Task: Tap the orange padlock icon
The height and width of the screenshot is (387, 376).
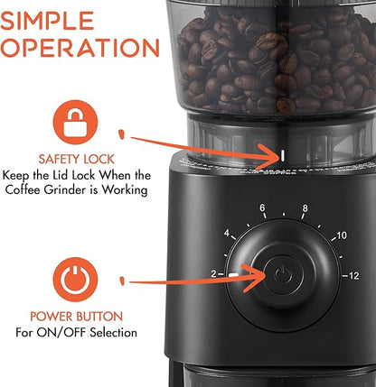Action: click(x=76, y=119)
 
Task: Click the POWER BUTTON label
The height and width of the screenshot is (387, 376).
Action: click(x=76, y=316)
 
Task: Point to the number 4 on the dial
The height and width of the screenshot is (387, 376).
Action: click(x=228, y=235)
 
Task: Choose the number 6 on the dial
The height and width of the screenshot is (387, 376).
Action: click(x=262, y=209)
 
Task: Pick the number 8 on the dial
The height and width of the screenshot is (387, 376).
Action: click(x=305, y=208)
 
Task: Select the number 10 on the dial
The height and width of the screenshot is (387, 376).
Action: click(x=340, y=235)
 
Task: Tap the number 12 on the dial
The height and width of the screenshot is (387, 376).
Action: click(x=352, y=274)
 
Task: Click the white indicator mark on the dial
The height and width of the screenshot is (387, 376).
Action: click(x=235, y=274)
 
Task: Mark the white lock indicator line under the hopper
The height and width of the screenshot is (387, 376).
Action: click(x=282, y=155)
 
